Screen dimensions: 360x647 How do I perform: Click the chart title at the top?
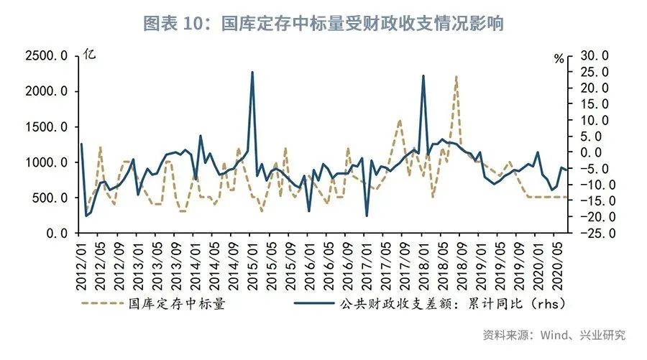coord(323,23)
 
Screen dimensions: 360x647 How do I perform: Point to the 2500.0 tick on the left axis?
coord(47,56)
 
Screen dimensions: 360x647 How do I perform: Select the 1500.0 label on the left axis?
coord(47,127)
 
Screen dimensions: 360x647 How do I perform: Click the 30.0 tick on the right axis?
coord(595,56)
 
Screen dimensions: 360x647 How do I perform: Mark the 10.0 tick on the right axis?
coord(595,120)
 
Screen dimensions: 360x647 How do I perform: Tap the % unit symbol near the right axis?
coord(559,59)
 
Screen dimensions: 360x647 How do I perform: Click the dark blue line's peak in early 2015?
coord(252,72)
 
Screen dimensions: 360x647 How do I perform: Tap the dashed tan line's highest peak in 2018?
coord(456,76)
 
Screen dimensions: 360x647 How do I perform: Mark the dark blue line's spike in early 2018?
coord(423,75)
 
